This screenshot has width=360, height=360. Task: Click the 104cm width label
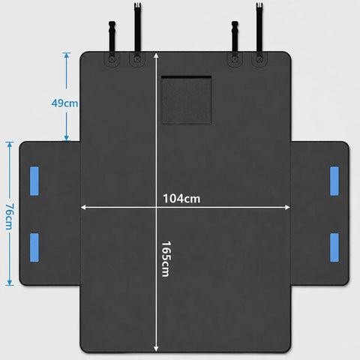tap(181, 199)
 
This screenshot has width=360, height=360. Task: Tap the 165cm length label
tap(166, 259)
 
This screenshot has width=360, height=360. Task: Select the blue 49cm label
tap(64, 103)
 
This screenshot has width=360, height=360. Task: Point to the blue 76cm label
tap(10, 217)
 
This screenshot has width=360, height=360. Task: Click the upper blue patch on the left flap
tap(34, 181)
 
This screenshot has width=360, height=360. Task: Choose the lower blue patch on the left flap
tap(34, 247)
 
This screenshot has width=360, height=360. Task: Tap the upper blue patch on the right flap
tap(334, 181)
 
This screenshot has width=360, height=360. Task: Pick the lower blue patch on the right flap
tap(334, 247)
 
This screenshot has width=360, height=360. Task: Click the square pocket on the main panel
tap(186, 100)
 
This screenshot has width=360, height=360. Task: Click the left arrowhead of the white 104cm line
tap(83, 207)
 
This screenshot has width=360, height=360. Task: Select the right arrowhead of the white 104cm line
tap(287, 207)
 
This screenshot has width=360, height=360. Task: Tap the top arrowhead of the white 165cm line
tap(156, 55)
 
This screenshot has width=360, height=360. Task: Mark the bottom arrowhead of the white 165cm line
tap(156, 349)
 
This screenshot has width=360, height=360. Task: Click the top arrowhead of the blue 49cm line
tap(66, 55)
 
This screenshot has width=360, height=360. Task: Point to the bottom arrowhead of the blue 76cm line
tap(10, 283)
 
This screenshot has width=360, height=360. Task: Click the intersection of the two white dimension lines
tap(156, 207)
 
